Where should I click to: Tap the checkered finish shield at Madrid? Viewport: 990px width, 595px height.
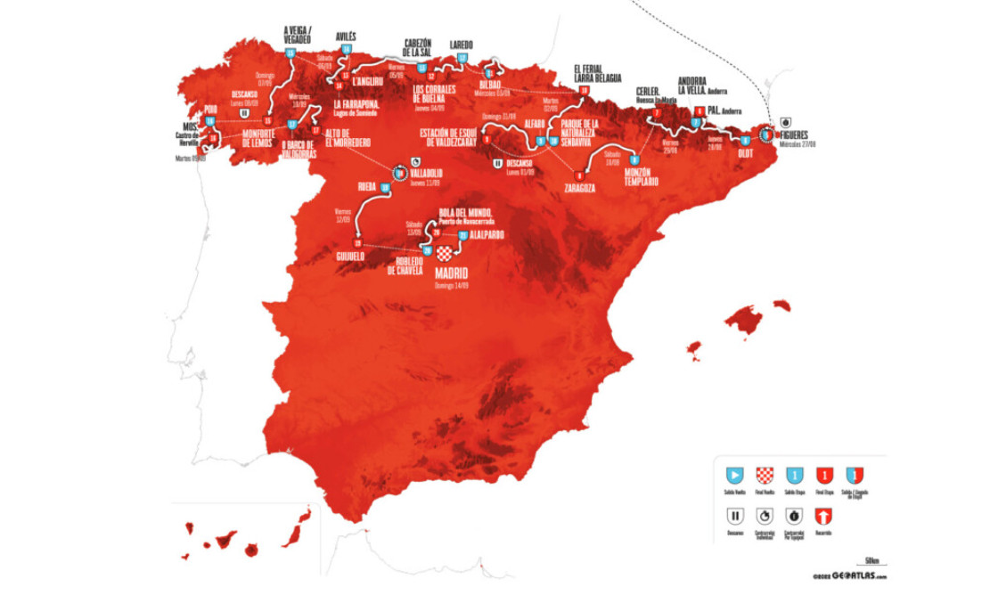point(445,253)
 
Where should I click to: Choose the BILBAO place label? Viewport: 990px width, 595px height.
point(496,85)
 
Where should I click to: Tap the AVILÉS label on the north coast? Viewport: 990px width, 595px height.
point(346,37)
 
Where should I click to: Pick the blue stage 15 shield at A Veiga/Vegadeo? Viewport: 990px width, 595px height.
point(290,54)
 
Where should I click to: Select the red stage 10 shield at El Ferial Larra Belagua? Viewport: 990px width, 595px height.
point(585,89)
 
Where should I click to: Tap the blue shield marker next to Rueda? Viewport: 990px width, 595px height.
point(384,188)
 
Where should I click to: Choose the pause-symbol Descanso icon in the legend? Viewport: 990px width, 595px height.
point(735,516)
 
